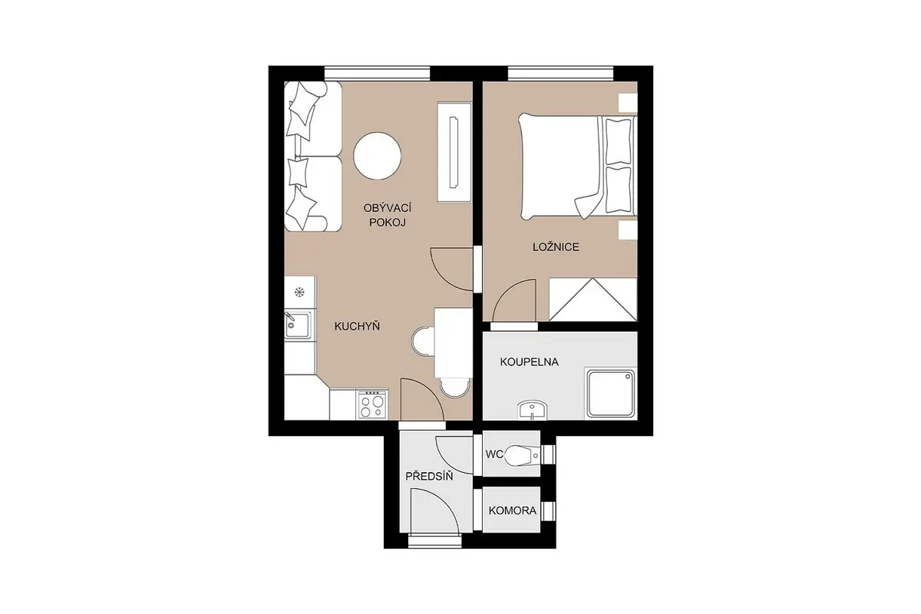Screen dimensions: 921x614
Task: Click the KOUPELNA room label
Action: [529, 362]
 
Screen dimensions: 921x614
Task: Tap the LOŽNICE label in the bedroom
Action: [556, 247]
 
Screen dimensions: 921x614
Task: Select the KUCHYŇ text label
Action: [357, 326]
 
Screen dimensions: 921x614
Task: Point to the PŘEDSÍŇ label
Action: [429, 476]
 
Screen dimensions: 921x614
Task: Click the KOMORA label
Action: [513, 511]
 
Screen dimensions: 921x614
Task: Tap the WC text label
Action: [494, 454]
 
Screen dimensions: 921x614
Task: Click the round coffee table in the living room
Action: [377, 156]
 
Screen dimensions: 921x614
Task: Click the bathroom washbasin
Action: [532, 410]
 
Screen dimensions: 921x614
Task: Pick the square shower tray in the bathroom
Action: [611, 394]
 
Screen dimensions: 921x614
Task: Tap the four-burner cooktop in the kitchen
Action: [372, 404]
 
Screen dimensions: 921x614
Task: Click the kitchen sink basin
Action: [297, 325]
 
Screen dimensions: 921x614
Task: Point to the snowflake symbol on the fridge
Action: [299, 292]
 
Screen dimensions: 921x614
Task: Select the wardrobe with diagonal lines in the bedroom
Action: [593, 299]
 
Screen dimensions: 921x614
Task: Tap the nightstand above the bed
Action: [628, 103]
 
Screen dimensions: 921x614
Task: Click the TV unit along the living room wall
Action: [454, 152]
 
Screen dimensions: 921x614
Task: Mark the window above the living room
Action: [378, 74]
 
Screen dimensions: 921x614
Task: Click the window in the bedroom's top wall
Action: [561, 74]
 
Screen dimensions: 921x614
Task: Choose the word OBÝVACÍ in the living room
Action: [388, 208]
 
